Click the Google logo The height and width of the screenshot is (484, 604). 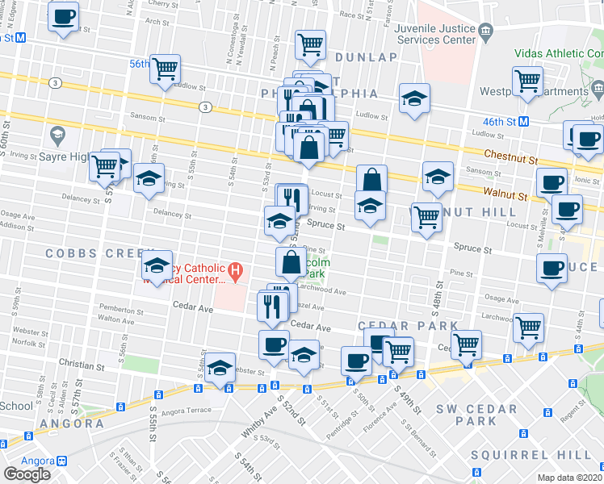pos(27,474)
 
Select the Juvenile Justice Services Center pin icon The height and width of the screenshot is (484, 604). pos(485,32)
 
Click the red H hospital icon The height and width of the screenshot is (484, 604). pos(235,273)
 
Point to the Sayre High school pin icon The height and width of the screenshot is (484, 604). pos(57,132)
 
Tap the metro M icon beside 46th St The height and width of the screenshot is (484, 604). pos(523,121)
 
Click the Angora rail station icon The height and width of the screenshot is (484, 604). pos(61,461)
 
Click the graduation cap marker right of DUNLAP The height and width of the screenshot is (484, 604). pos(415,98)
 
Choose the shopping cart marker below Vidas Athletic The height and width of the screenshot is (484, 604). pos(527,81)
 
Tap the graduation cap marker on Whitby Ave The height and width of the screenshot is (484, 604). pos(220,368)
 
